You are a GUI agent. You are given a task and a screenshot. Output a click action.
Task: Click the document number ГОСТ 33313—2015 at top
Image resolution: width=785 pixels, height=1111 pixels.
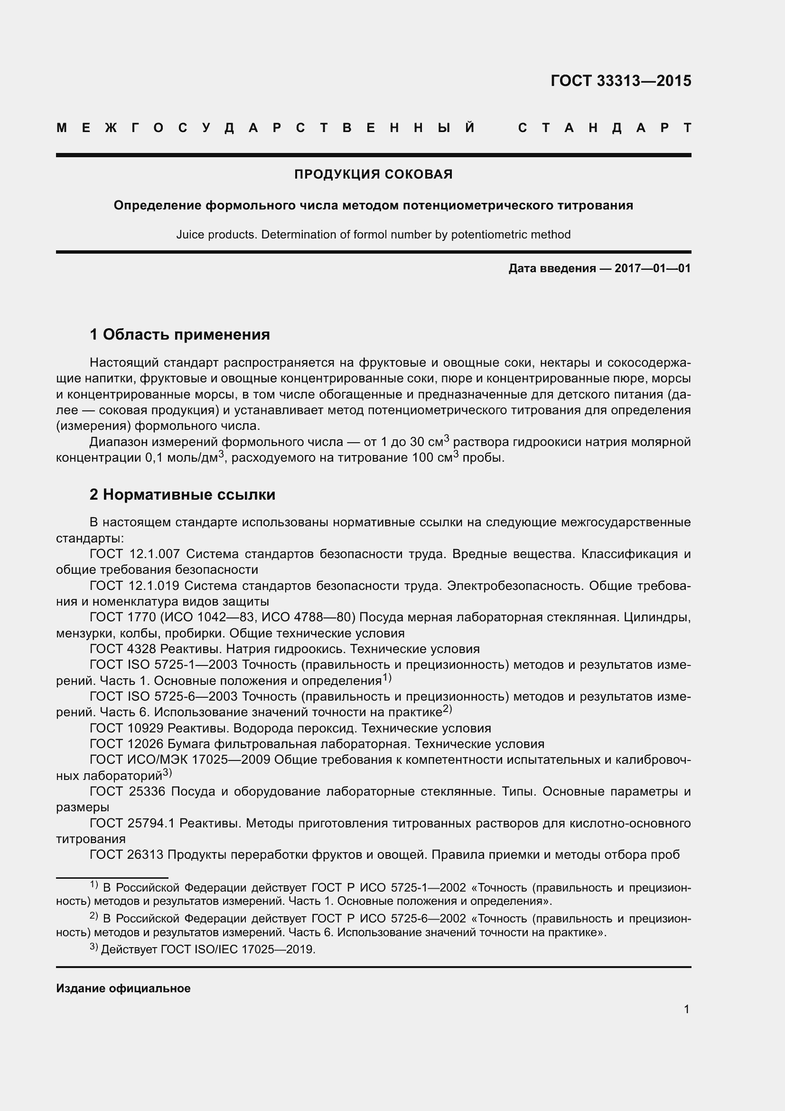click(x=621, y=81)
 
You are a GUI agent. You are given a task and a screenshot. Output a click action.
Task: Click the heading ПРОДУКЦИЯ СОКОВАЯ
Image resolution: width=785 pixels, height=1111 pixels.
click(x=373, y=174)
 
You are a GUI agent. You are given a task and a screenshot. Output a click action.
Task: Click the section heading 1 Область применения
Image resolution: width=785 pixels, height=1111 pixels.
click(x=180, y=334)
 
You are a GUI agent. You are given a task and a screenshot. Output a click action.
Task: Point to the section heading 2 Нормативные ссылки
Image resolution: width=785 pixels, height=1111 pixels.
click(x=182, y=494)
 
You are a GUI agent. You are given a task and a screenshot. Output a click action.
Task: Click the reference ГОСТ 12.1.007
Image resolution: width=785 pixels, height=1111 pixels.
click(x=135, y=554)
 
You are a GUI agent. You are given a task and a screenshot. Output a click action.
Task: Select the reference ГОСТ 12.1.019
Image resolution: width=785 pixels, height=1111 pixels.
click(x=135, y=586)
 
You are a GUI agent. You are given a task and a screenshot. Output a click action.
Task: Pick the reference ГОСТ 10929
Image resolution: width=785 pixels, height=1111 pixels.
click(x=126, y=729)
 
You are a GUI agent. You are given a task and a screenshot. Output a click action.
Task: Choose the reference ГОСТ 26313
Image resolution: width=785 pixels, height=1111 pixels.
click(x=126, y=855)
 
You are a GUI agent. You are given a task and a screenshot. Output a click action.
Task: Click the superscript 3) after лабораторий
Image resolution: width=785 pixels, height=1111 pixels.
click(x=167, y=773)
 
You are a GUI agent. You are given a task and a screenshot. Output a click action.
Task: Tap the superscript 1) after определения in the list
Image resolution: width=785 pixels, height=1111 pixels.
click(x=387, y=678)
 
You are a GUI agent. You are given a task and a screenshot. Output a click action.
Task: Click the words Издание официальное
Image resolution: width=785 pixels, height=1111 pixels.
click(x=123, y=988)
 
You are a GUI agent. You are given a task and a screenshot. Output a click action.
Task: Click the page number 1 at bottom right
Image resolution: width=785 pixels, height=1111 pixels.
click(x=686, y=1009)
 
